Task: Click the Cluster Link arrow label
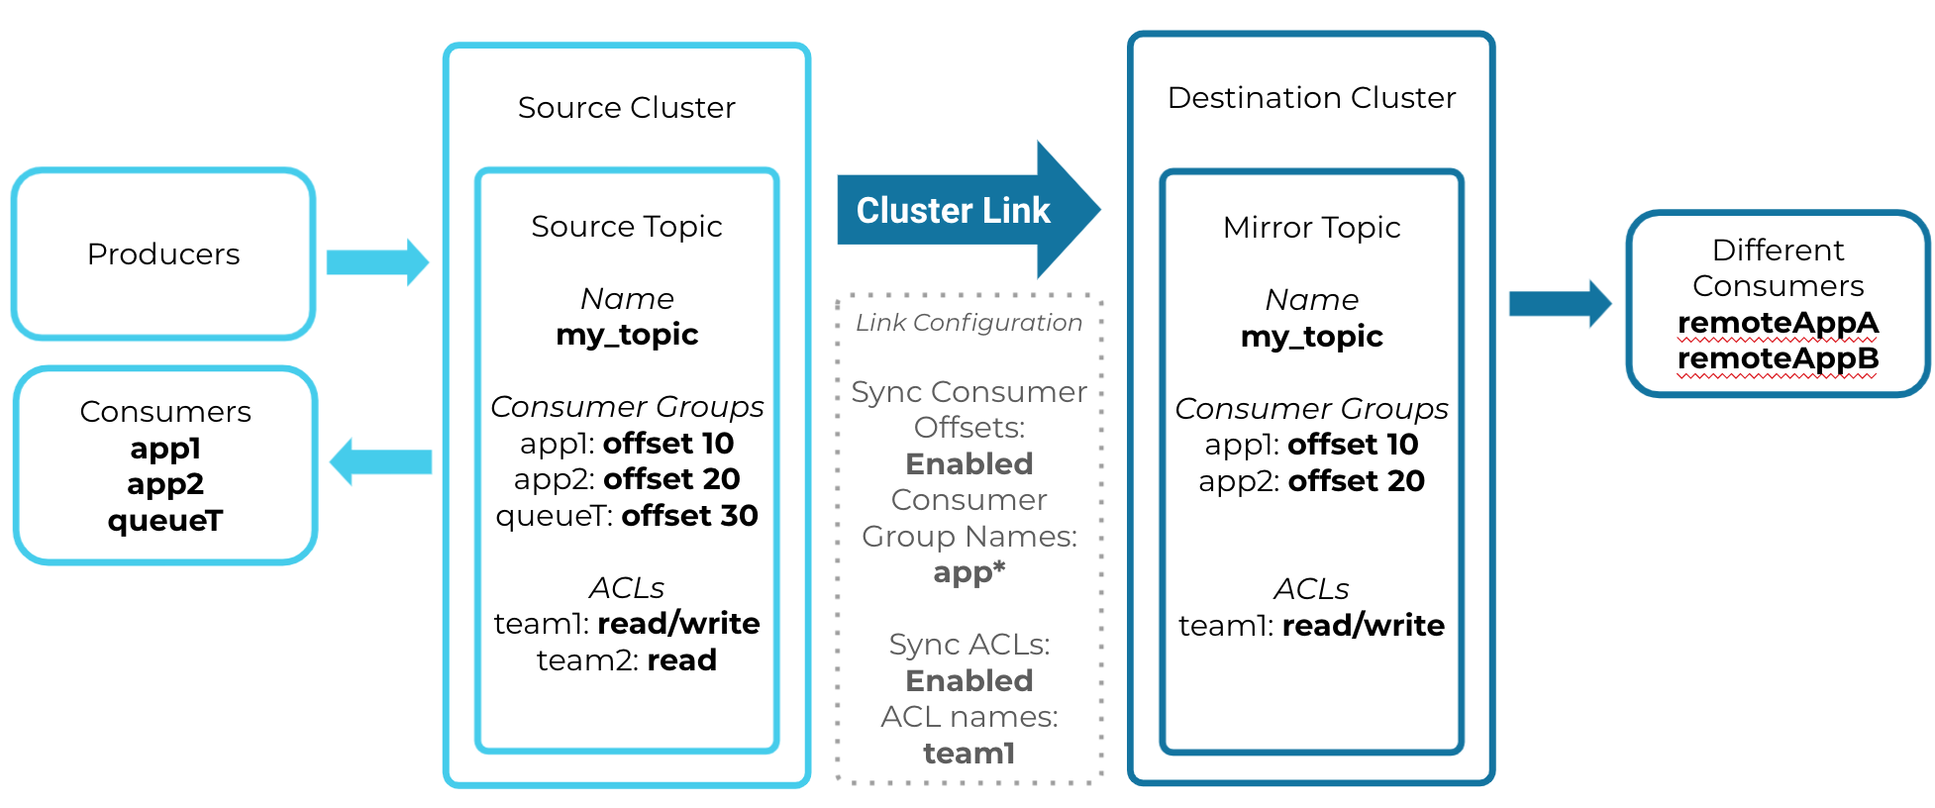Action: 953,210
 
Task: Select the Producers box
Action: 163,254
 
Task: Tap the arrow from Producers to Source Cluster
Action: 377,262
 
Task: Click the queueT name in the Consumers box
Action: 165,521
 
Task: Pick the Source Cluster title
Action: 626,107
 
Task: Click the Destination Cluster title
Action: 1311,98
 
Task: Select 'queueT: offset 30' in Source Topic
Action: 626,516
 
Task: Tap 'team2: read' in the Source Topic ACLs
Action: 626,660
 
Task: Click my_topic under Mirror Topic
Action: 1311,337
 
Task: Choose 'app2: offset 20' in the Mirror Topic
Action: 1311,481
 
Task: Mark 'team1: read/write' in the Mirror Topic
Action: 1311,626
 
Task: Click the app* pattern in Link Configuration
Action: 968,572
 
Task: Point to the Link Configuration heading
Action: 968,323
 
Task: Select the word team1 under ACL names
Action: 968,754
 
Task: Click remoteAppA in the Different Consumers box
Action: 1778,323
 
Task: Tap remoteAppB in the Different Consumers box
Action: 1778,358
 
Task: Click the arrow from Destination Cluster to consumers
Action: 1559,303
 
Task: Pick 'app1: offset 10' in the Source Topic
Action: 626,444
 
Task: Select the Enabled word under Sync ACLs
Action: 968,681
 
